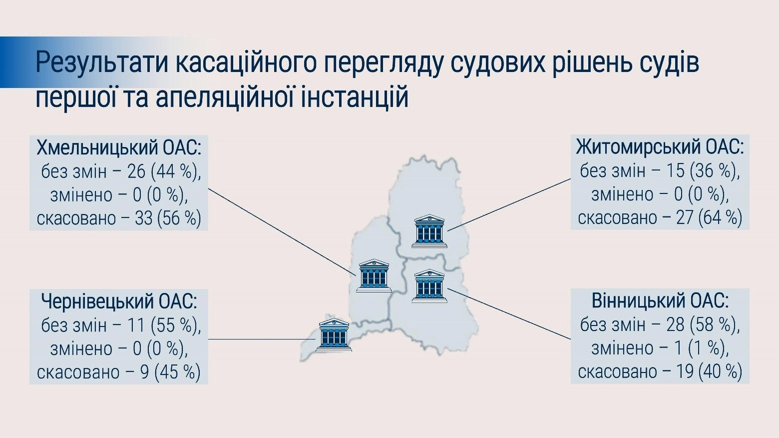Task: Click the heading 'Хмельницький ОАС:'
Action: [119, 148]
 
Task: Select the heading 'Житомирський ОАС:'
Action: [660, 147]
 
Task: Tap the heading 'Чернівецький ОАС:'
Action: [119, 302]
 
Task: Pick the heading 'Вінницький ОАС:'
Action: [660, 301]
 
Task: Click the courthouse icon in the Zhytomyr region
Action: [429, 231]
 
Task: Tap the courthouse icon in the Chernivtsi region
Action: [334, 334]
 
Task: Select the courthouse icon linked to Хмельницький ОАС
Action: [374, 275]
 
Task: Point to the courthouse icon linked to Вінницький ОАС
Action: [429, 285]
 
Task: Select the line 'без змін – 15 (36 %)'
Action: [660, 171]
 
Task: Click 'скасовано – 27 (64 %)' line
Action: [660, 217]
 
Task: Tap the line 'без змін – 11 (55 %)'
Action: [121, 325]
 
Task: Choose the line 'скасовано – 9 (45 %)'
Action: [119, 372]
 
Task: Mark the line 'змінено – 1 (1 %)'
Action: [660, 348]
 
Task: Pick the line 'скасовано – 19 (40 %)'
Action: [660, 371]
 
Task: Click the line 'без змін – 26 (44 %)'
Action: [121, 172]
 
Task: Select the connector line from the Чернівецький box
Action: [262, 339]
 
